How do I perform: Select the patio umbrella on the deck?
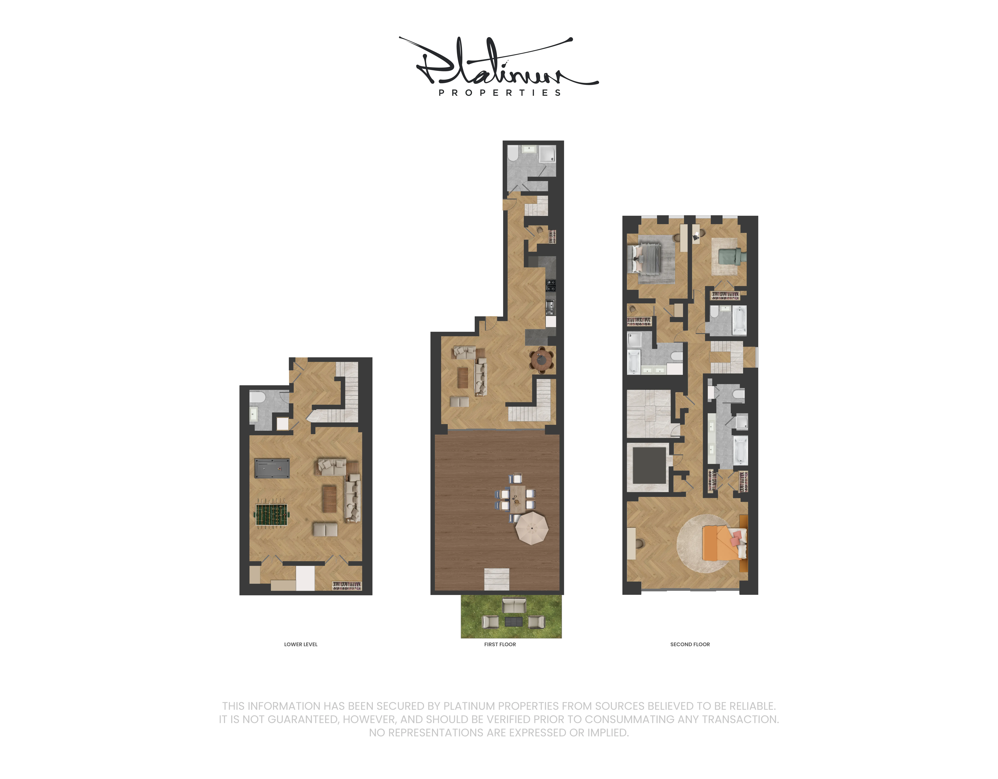pyautogui.click(x=532, y=528)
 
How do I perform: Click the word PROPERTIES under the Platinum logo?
pyautogui.click(x=499, y=93)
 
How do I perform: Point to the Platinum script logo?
pyautogui.click(x=498, y=62)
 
